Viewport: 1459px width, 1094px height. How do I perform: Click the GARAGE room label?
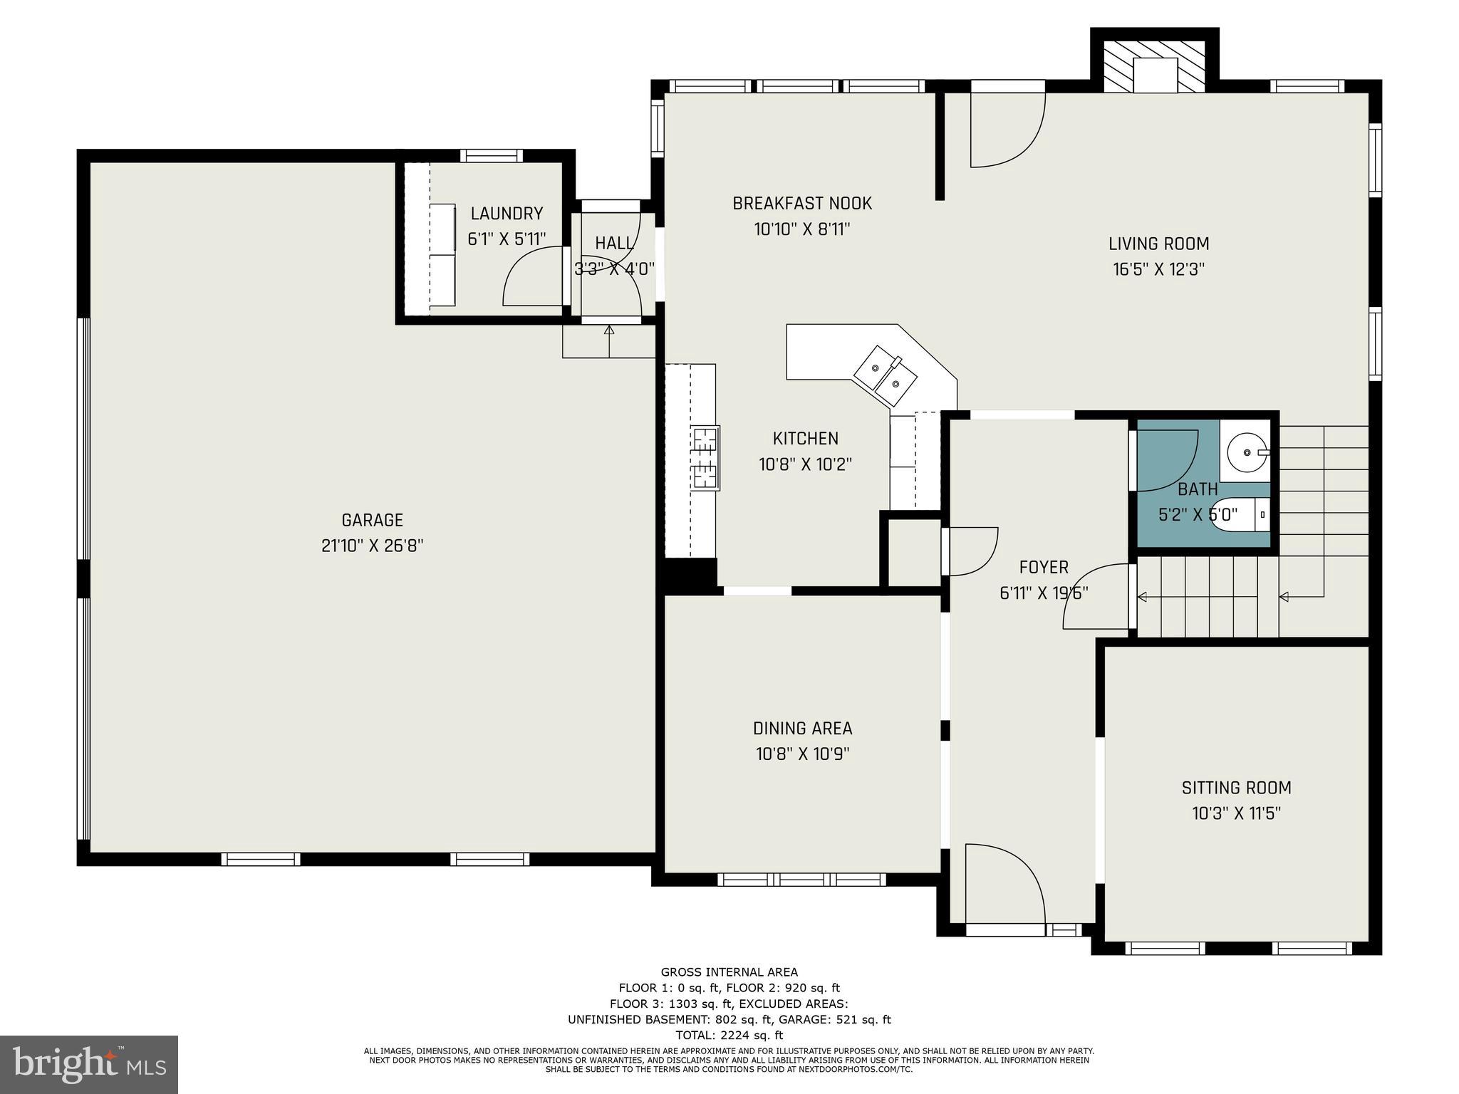373,520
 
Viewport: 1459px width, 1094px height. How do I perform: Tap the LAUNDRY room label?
507,213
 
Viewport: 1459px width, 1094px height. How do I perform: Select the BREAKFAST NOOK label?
802,203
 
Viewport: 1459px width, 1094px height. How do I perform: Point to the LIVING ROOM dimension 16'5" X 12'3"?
1158,269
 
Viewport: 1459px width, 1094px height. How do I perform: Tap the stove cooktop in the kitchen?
705,457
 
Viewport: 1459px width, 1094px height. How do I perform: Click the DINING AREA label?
802,728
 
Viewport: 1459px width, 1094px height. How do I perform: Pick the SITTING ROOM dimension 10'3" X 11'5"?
1236,813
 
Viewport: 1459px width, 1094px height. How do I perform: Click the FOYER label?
1044,567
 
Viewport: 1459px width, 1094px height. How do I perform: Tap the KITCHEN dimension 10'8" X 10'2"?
805,464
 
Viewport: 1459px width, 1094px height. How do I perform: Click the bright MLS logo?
89,1064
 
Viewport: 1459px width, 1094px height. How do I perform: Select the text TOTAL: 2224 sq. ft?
729,1035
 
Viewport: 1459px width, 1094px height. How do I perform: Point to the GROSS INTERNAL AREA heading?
729,972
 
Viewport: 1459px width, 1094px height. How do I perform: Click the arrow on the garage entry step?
609,341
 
